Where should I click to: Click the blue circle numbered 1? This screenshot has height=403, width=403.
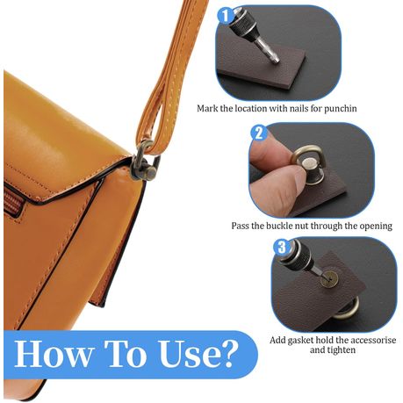point(226,16)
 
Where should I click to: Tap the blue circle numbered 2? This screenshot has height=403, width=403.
point(259,133)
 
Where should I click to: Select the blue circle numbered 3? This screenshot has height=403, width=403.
point(281,248)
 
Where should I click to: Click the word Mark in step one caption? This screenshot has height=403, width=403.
point(207,109)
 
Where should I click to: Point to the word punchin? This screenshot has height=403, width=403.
point(340,109)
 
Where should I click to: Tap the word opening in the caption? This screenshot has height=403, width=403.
point(376,227)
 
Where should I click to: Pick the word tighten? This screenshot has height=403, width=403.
point(342,350)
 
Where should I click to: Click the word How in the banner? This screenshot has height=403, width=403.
point(53,353)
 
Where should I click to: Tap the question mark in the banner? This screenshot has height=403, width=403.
point(226,353)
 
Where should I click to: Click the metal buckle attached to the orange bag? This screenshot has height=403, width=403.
point(145,161)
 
